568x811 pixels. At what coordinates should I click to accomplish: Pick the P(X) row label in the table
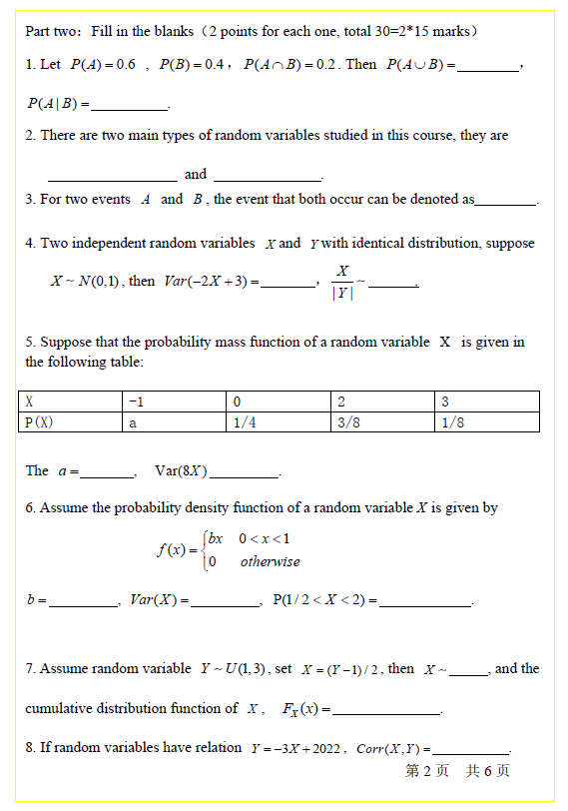pos(39,421)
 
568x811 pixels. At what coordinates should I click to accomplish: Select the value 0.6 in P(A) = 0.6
pos(126,65)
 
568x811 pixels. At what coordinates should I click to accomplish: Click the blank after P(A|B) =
pos(130,105)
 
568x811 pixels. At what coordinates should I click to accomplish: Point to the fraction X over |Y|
pos(342,281)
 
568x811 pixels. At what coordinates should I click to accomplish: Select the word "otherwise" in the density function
pos(270,562)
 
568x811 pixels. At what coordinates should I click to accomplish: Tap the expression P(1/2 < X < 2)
pos(324,600)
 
